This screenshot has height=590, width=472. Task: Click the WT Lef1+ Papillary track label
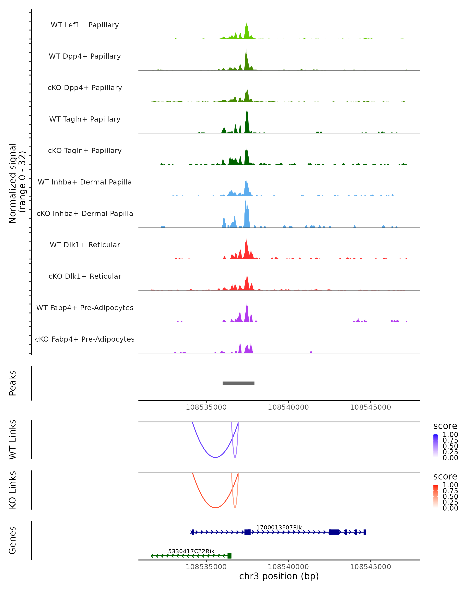pyautogui.click(x=85, y=25)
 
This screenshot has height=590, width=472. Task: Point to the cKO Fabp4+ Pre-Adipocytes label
pyautogui.click(x=85, y=339)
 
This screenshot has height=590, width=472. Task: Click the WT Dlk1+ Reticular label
pyautogui.click(x=85, y=245)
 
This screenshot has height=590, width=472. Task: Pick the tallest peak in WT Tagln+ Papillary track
pyautogui.click(x=247, y=111)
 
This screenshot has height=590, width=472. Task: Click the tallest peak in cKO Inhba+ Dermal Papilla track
pyautogui.click(x=245, y=201)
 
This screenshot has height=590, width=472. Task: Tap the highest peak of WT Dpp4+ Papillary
pyautogui.click(x=246, y=49)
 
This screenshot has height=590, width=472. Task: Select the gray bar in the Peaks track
pyautogui.click(x=238, y=383)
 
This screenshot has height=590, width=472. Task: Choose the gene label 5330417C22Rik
pyautogui.click(x=191, y=551)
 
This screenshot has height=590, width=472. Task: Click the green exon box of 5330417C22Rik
pyautogui.click(x=229, y=556)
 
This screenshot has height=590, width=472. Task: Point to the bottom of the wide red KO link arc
pyautogui.click(x=216, y=508)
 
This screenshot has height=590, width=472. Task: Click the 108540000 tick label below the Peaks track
pyautogui.click(x=288, y=407)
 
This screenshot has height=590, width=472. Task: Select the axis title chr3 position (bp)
pyautogui.click(x=279, y=576)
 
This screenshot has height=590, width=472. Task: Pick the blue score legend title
pyautogui.click(x=445, y=426)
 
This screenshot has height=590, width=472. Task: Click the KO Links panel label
pyautogui.click(x=13, y=490)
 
